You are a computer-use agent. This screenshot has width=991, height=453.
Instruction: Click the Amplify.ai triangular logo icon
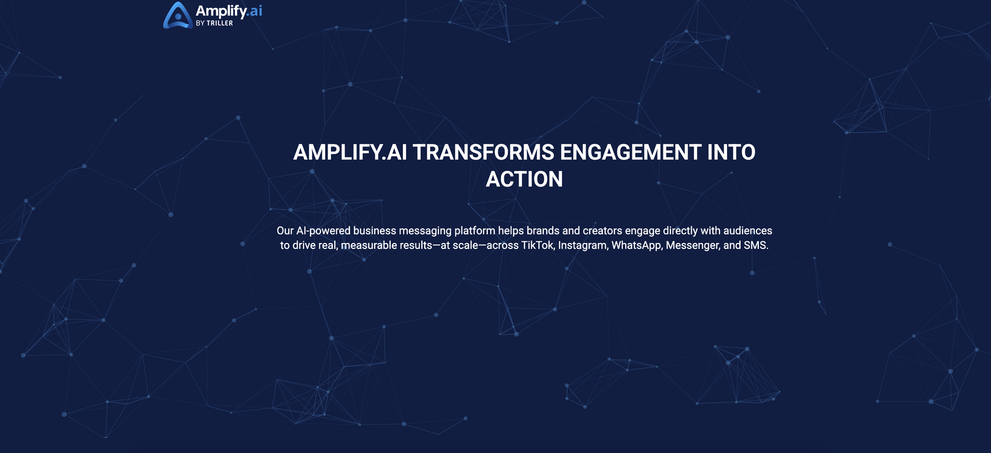click(x=178, y=15)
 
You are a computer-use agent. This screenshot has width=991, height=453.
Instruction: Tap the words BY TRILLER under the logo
click(x=214, y=23)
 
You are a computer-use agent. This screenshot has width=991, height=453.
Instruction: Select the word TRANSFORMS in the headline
click(x=483, y=152)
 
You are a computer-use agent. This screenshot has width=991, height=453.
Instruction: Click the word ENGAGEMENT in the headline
click(x=630, y=152)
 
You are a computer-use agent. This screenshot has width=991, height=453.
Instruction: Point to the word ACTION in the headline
click(x=524, y=179)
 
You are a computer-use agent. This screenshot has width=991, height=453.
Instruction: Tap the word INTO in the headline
click(x=731, y=152)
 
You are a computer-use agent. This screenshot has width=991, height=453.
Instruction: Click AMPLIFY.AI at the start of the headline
click(x=350, y=152)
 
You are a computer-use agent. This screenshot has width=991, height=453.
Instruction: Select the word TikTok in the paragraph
click(x=537, y=245)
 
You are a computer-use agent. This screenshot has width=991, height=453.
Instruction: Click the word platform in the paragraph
click(x=475, y=231)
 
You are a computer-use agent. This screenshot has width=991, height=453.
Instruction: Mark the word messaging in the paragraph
click(x=425, y=231)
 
